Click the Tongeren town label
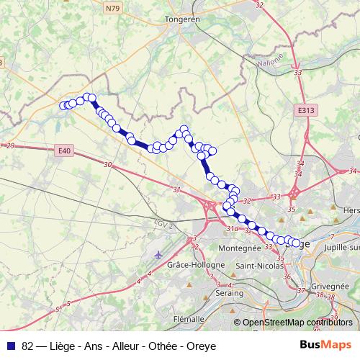pos(181,19)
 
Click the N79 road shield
pos(112,9)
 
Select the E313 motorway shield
pos(305,110)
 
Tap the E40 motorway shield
pos(63,150)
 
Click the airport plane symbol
pos(158,254)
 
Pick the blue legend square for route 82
pos(11,344)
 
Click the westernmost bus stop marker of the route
pos(63,106)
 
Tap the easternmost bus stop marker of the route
pos(295,243)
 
